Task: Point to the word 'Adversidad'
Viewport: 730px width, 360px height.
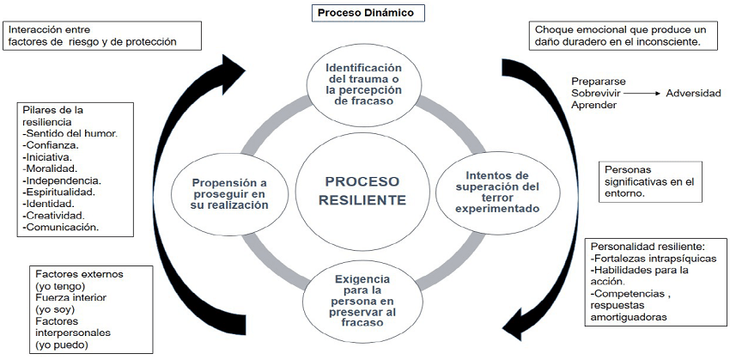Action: coord(693,93)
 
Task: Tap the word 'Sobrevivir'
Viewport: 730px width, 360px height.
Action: coord(597,93)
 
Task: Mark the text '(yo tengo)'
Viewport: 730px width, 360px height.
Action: coord(61,285)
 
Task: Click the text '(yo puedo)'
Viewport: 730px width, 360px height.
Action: coord(61,345)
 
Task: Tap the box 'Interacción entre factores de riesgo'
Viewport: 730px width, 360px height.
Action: coord(102,34)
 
